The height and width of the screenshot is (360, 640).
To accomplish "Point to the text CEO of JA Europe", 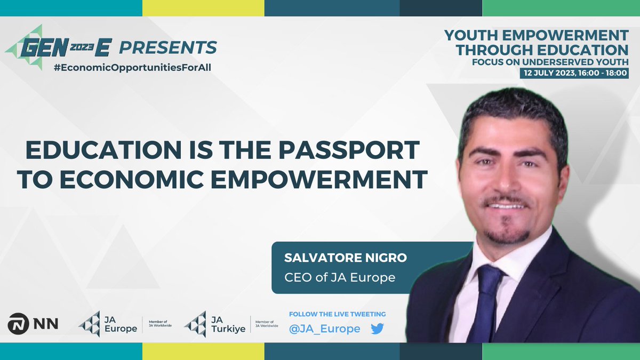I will (x=340, y=277).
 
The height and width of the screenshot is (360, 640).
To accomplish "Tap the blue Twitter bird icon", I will (x=378, y=329).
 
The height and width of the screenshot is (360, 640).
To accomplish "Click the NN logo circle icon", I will (x=19, y=323).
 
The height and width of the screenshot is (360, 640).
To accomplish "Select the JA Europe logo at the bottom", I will (x=108, y=324).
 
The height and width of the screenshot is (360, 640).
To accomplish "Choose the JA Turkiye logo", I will (x=215, y=324).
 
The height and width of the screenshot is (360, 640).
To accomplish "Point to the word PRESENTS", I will (x=168, y=48).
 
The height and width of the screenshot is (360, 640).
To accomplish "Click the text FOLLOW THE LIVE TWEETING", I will (x=337, y=314).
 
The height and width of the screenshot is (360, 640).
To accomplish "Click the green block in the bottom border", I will (x=561, y=352).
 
